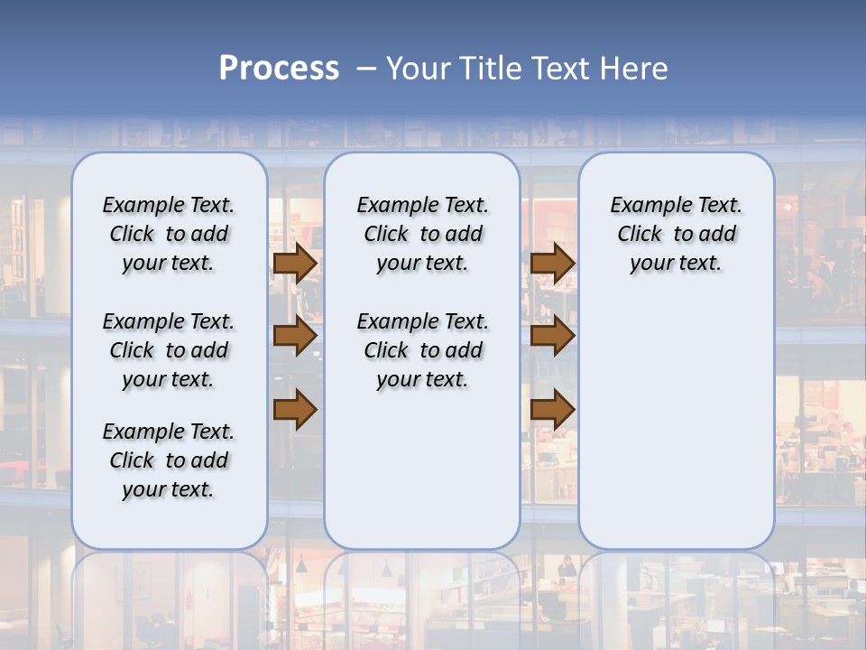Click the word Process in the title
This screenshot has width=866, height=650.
(x=279, y=68)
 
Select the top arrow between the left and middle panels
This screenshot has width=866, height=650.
(x=295, y=263)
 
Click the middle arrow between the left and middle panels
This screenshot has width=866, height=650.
(x=295, y=336)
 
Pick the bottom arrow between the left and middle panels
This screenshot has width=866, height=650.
(x=295, y=410)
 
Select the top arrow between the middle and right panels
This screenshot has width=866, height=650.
(x=553, y=263)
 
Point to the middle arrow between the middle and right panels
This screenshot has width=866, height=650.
(x=553, y=336)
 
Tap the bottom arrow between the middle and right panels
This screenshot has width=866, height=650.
(x=553, y=410)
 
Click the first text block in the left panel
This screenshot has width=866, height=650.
(x=169, y=234)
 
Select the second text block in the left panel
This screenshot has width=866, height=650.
(x=169, y=350)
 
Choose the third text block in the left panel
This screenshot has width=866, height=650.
(x=169, y=460)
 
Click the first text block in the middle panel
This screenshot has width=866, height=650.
(x=422, y=234)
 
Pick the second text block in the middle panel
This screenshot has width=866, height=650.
(x=422, y=350)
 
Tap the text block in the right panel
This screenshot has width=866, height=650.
(x=676, y=234)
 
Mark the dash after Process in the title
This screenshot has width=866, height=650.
(x=366, y=68)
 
